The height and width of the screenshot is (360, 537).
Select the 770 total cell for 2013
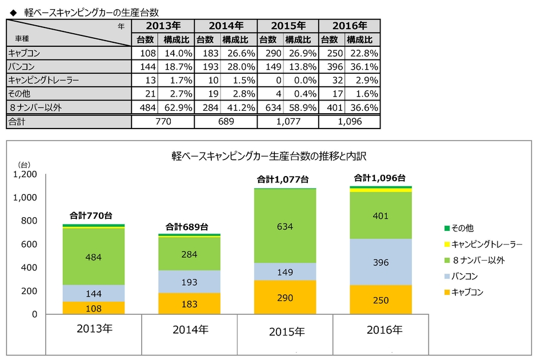coord(162,122)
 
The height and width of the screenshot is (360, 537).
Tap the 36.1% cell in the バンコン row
coord(363,67)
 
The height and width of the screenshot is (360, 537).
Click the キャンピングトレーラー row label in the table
coord(43,81)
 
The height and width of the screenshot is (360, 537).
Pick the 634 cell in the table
coord(268,108)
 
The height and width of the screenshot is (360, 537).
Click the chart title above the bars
coord(268,155)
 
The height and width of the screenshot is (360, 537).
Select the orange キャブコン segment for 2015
coord(284,297)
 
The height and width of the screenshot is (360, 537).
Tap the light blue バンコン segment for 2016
coord(380,262)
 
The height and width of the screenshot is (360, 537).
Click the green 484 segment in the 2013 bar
coord(93,257)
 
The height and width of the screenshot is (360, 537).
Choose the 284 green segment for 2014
coord(189,253)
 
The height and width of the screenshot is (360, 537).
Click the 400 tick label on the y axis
coord(29,267)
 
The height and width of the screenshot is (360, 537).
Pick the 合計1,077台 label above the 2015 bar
coord(284,181)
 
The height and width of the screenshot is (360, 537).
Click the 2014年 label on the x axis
coord(189,329)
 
